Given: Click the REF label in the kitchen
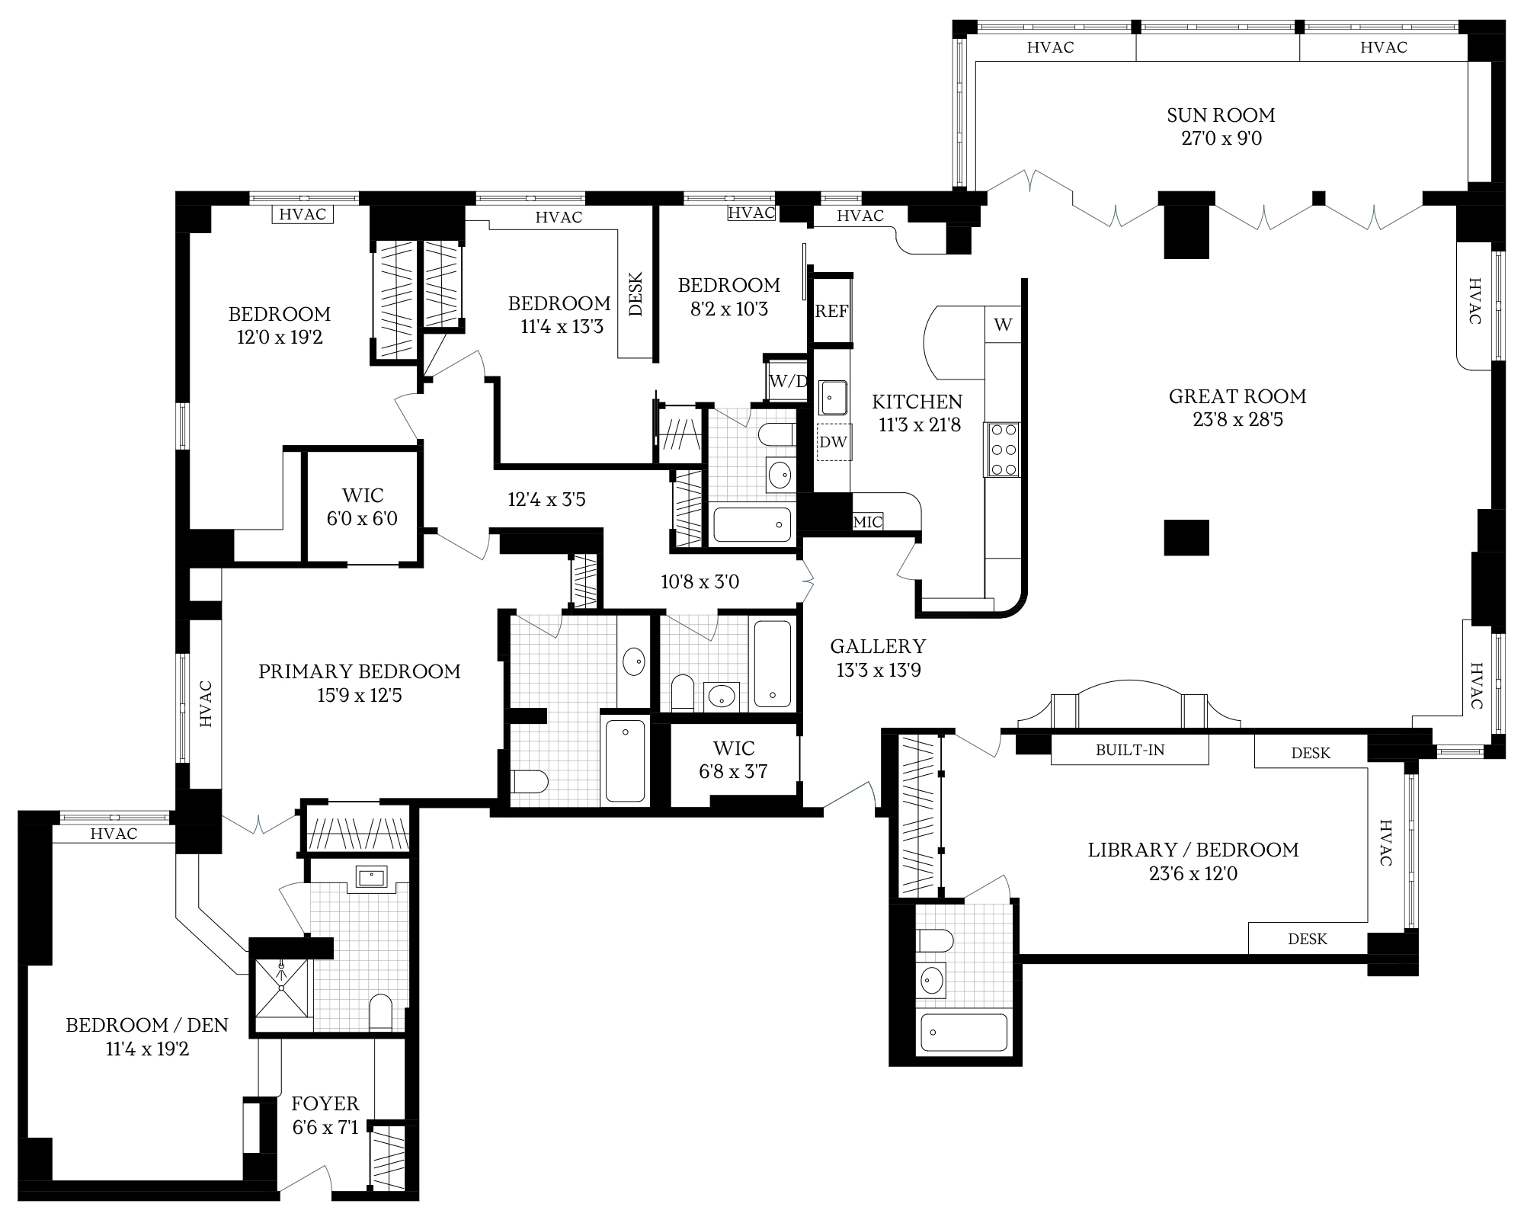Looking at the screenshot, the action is coord(831,311).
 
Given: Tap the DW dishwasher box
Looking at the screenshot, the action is coord(833,442).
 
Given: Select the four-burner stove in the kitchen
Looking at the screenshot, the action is coord(1003,450).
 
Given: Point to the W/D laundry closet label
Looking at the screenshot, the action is coord(787,381).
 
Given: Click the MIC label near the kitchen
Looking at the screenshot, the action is coord(868,522).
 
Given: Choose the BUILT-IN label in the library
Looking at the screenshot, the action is coord(1130,750).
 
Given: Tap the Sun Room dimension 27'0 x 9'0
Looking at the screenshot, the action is coord(1221,139).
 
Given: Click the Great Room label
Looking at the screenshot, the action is coord(1237,396).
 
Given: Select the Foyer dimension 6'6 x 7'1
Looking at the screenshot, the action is coord(325,1127).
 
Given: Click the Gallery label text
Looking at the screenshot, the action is coord(878,646).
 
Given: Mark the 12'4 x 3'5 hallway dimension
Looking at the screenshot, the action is coord(546,500).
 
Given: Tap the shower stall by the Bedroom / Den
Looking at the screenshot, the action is coord(282,988).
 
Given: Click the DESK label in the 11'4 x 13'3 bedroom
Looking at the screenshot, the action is coord(636,294).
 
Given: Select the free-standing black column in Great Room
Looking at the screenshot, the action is coord(1186,537).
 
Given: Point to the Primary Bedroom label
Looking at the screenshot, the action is coord(360,671).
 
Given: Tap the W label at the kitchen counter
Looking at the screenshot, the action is coord(1003,325).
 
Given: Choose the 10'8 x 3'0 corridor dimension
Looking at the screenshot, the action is coord(700,582).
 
